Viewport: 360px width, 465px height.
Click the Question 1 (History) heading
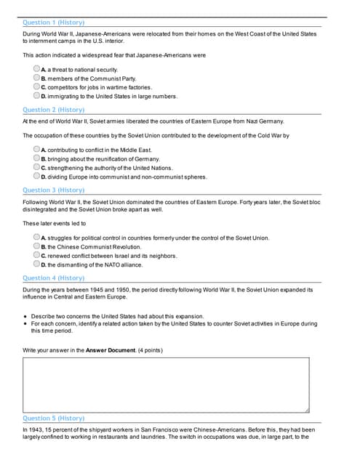click(x=53, y=23)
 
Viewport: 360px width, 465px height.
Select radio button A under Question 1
click(x=36, y=69)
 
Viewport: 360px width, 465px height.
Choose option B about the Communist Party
click(x=36, y=78)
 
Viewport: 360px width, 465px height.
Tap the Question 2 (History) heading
click(x=53, y=110)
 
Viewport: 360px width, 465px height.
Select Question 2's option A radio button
click(x=36, y=150)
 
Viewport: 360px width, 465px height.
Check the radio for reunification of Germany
click(x=36, y=158)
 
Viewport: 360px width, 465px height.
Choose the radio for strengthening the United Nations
click(x=36, y=167)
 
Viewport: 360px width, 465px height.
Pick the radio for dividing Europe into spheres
click(x=36, y=176)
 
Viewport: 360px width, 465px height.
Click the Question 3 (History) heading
click(x=53, y=190)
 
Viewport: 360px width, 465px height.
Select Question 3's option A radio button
click(x=36, y=238)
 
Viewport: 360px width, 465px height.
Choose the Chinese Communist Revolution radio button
click(x=36, y=246)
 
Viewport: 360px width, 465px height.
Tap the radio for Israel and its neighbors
click(x=36, y=256)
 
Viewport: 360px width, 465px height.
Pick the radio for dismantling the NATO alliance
click(x=36, y=264)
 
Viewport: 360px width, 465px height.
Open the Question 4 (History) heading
click(x=53, y=278)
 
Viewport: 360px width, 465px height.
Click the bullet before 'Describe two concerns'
click(x=25, y=317)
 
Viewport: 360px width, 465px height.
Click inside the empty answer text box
click(x=166, y=384)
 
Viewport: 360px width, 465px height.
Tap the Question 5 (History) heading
click(x=53, y=418)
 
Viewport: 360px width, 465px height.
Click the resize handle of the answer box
click(x=306, y=410)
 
